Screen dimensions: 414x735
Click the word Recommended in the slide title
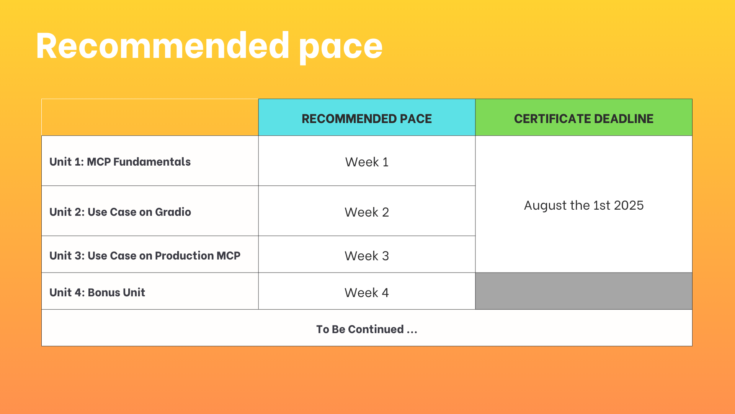coord(162,46)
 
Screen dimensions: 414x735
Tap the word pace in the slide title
coord(340,48)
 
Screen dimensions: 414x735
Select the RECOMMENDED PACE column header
coord(367,119)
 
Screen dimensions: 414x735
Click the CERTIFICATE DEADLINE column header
coord(583,119)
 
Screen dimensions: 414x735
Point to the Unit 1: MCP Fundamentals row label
coord(120,162)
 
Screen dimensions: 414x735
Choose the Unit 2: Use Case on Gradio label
coord(120,212)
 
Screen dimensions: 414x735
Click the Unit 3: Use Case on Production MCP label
coord(145,256)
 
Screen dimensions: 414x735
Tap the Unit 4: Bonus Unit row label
coord(97,292)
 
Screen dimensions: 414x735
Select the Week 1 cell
coord(367,162)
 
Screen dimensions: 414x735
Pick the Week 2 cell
coord(367,212)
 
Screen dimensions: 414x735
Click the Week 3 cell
coord(367,256)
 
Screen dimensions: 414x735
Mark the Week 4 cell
coord(367,293)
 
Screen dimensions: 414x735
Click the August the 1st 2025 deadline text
coord(583,205)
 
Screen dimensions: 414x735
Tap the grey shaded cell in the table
coord(583,291)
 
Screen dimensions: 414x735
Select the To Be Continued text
coord(367,329)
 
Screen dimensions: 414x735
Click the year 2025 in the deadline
coord(629,205)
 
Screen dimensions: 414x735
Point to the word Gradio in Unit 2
coord(173,212)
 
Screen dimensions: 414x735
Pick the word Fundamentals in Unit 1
coord(152,162)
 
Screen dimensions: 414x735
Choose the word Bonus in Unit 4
coord(103,292)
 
